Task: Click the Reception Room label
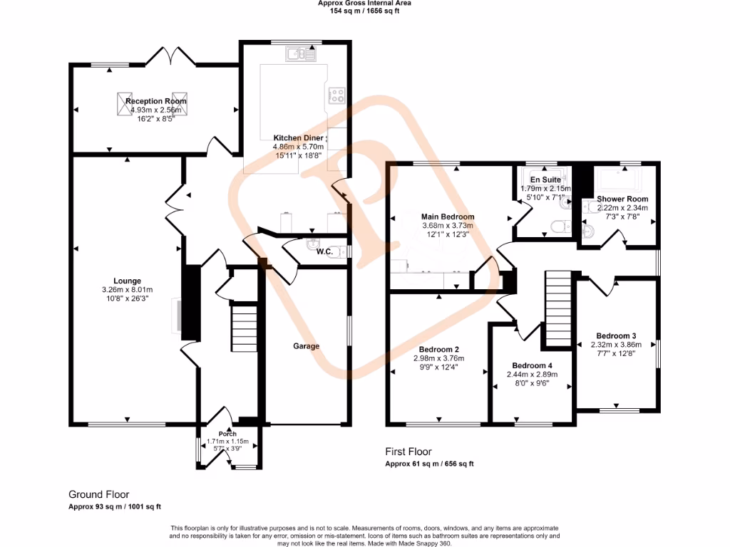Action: coord(155,101)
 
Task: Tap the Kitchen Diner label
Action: coord(299,137)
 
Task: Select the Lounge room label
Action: coord(126,281)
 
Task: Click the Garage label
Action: coord(306,346)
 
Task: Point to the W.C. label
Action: coord(324,251)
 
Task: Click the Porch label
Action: coord(227,434)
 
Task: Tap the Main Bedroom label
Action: coord(447,217)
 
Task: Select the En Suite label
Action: coord(545,180)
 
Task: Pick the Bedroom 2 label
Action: coord(438,349)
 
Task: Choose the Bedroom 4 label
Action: coord(531,365)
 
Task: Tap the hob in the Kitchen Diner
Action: coord(335,95)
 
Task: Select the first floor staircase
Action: coord(560,307)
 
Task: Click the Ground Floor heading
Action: coord(98,494)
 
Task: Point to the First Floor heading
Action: coord(408,452)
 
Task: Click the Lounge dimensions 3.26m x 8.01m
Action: coord(126,290)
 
